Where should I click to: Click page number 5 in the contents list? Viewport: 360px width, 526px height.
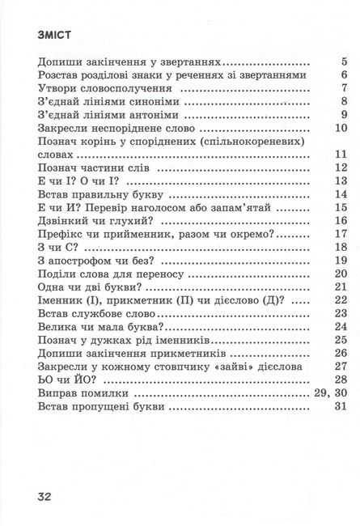tap(344, 62)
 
